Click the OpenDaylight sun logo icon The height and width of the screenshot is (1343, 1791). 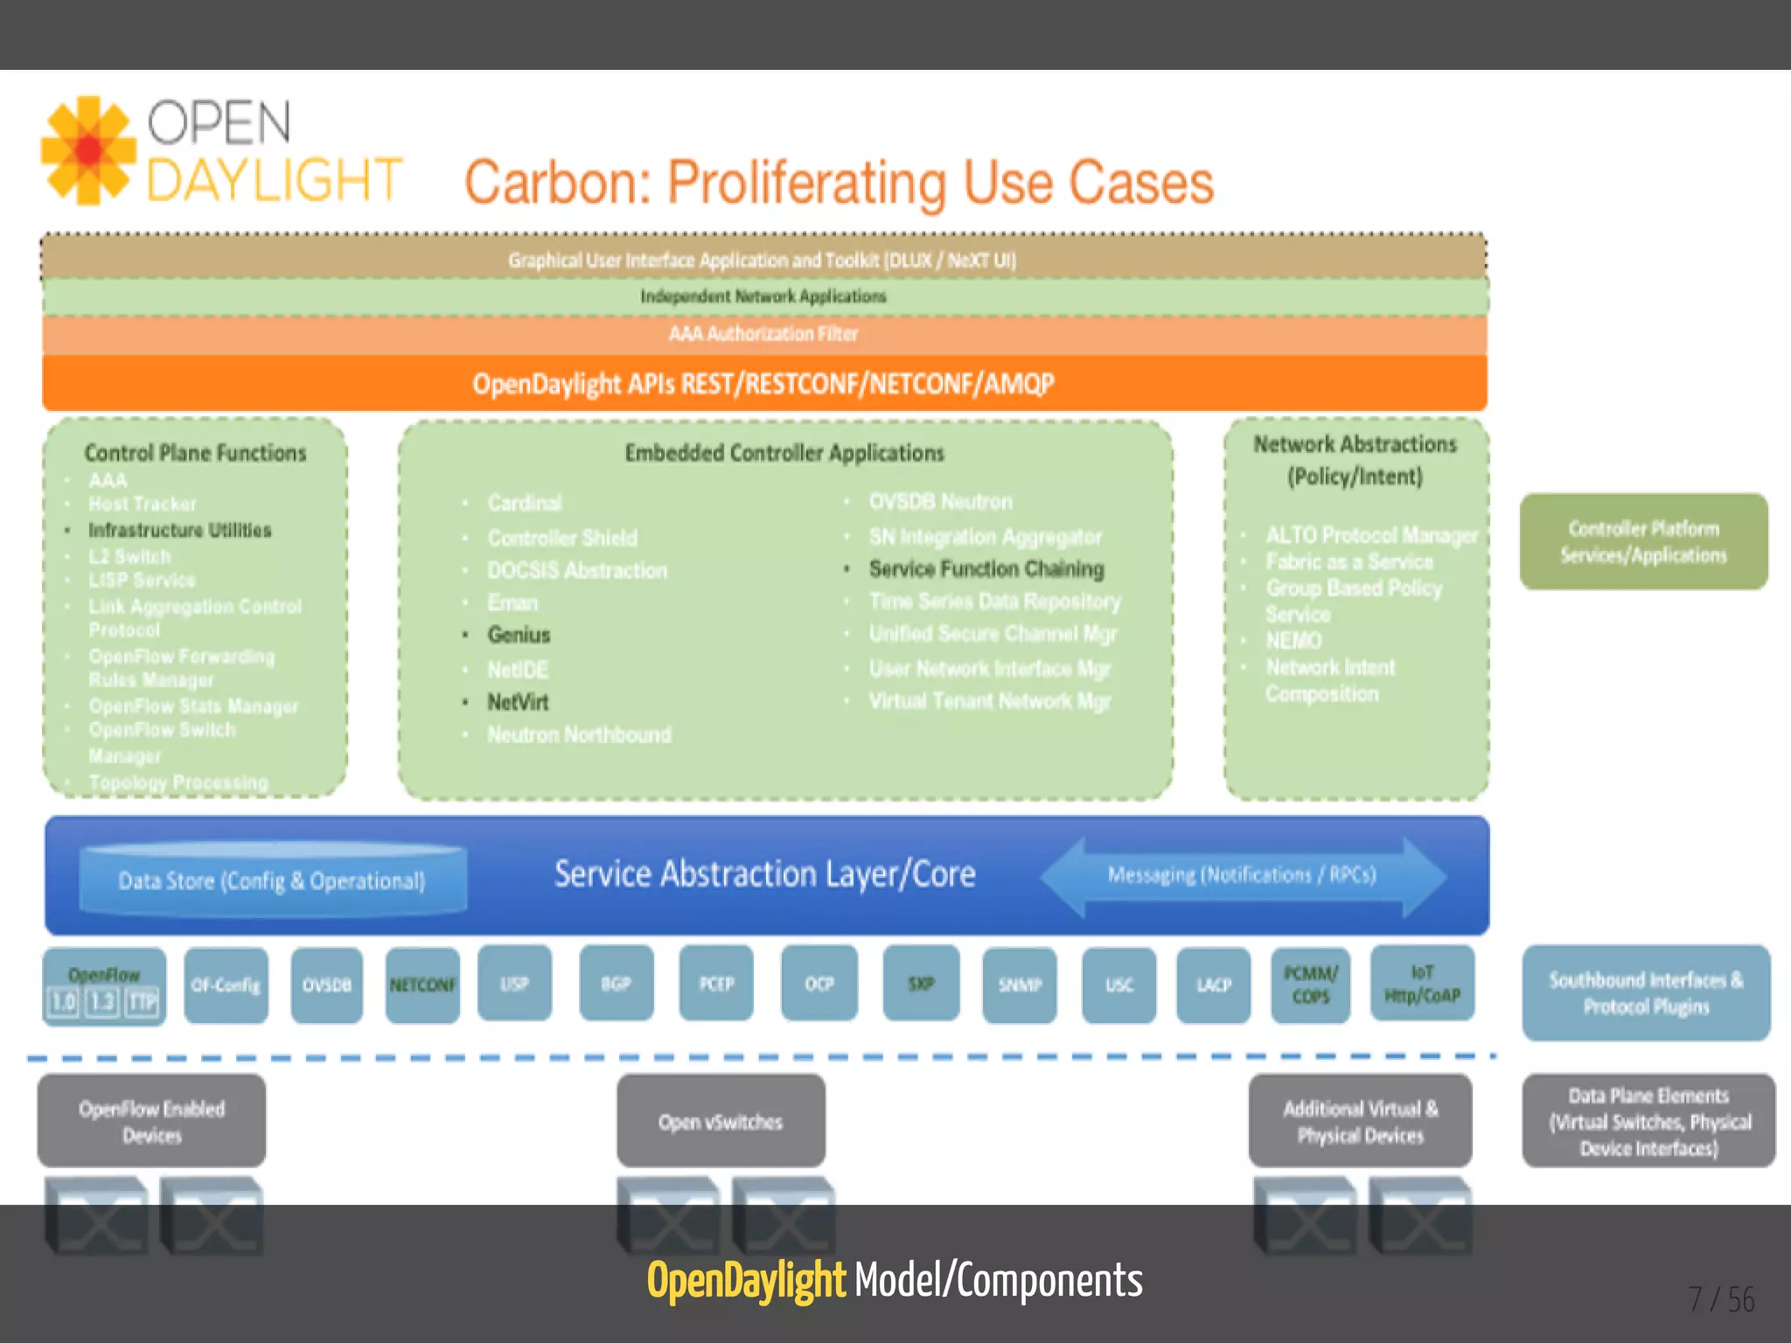click(88, 150)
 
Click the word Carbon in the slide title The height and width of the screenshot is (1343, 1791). click(556, 183)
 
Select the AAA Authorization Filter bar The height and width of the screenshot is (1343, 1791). click(763, 334)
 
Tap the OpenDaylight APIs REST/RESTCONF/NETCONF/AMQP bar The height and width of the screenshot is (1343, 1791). click(763, 384)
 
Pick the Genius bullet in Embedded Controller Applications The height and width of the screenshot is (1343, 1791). click(519, 635)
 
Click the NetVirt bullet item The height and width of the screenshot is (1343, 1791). click(518, 702)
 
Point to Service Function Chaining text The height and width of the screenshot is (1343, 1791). click(986, 569)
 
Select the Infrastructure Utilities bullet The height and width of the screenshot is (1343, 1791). click(179, 530)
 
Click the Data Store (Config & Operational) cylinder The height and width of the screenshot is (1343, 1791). click(272, 880)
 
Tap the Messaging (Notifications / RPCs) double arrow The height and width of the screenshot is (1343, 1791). click(1241, 875)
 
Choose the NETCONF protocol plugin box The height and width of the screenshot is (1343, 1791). click(422, 985)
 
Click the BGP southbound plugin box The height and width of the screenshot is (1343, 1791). click(616, 984)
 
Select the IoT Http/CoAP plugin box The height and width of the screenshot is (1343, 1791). click(1422, 984)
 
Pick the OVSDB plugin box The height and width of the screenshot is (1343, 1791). click(326, 985)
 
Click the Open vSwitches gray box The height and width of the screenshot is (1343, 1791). click(721, 1122)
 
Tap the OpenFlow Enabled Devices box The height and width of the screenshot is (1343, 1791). click(151, 1122)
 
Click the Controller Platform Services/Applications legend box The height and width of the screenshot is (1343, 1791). click(1643, 541)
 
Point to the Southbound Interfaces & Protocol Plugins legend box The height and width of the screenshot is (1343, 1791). click(1646, 992)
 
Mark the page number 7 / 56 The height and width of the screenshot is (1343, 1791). click(1721, 1300)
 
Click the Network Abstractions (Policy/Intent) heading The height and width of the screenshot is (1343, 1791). click(1355, 460)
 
